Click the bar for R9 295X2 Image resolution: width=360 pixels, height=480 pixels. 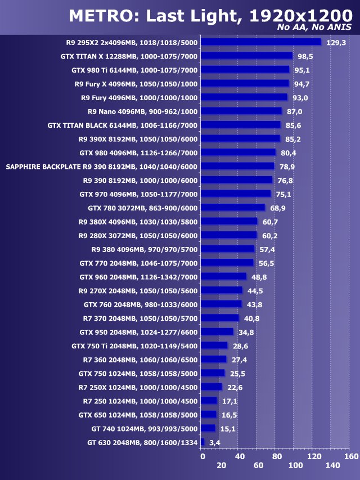[260, 42]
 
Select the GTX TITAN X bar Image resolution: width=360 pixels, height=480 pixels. [246, 56]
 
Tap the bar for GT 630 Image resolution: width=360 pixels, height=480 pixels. [202, 442]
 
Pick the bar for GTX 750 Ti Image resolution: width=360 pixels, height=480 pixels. [214, 346]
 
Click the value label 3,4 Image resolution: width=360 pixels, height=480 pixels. [214, 443]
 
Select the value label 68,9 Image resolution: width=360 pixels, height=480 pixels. [278, 208]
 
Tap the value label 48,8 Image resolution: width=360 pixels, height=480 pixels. [259, 277]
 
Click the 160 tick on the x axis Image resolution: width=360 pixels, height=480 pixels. [351, 456]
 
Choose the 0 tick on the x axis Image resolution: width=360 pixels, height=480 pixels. [202, 456]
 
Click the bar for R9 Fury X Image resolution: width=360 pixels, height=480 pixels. [245, 83]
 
